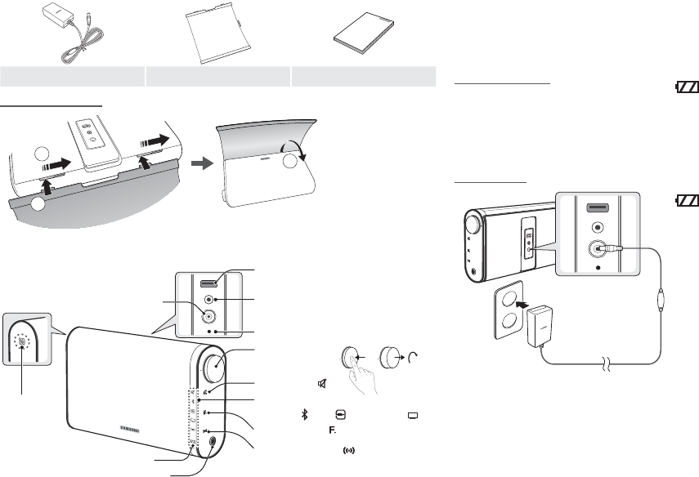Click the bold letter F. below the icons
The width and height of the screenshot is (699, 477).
pos(333,430)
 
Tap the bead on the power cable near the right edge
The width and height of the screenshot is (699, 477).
pos(659,298)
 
